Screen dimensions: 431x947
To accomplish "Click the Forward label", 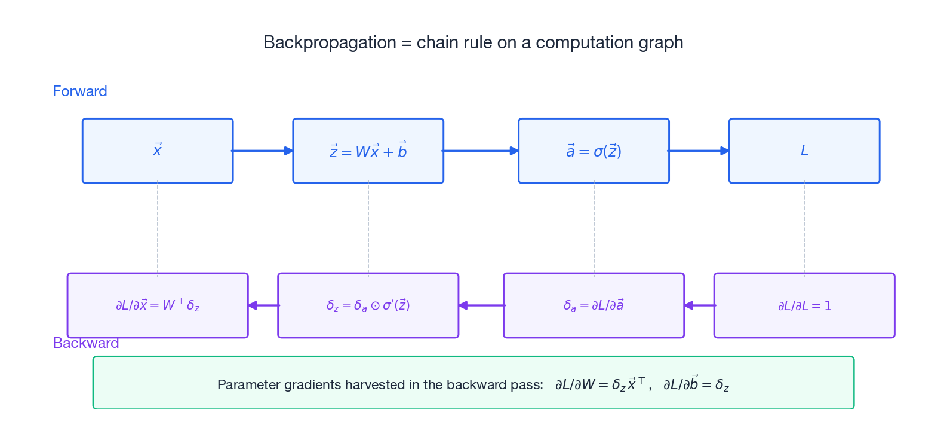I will tap(79, 91).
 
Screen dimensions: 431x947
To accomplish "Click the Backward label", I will tap(85, 343).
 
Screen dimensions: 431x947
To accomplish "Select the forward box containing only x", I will tap(158, 151).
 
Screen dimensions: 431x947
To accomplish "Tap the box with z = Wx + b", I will tap(368, 151).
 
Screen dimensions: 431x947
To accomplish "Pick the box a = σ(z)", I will tap(594, 151).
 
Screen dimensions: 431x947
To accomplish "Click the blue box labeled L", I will tap(804, 151).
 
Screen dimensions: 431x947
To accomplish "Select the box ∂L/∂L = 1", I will tap(804, 305).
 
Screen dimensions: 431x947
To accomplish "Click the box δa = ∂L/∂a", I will tap(594, 305).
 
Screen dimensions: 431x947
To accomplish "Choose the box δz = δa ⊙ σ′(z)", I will tap(368, 305).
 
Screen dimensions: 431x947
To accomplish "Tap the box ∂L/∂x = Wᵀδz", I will tap(158, 305).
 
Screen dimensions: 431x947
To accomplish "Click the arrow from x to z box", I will tap(262, 151).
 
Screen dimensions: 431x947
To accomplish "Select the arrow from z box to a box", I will tap(480, 151).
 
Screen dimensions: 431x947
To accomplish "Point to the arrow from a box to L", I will tap(698, 151).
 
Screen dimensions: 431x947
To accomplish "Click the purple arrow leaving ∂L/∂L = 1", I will tap(699, 305).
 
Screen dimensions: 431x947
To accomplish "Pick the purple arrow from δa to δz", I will tap(481, 305).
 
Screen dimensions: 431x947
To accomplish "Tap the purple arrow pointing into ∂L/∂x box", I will tap(263, 305).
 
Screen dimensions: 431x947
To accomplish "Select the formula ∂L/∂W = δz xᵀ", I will tap(600, 384).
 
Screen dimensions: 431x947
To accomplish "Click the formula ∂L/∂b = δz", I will tap(696, 384).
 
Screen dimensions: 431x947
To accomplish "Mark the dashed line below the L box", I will tap(804, 228).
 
